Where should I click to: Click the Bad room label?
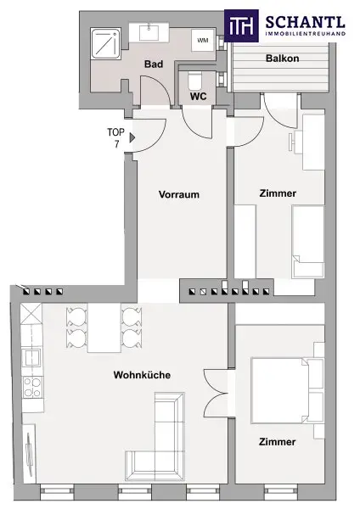pyautogui.click(x=154, y=64)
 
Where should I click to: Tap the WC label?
pyautogui.click(x=198, y=97)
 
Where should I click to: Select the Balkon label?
pyautogui.click(x=283, y=59)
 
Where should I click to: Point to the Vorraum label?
pyautogui.click(x=179, y=194)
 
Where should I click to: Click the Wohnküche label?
pyautogui.click(x=142, y=375)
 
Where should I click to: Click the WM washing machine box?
pyautogui.click(x=203, y=40)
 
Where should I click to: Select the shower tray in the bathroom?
pyautogui.click(x=105, y=44)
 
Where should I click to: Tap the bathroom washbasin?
pyautogui.click(x=149, y=32)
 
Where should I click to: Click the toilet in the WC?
pyautogui.click(x=195, y=81)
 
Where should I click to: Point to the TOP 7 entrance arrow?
pyautogui.click(x=132, y=137)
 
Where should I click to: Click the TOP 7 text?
pyautogui.click(x=116, y=138)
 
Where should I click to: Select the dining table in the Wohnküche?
pyautogui.click(x=104, y=327)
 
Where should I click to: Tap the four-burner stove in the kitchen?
pyautogui.click(x=32, y=388)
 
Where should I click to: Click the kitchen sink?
pyautogui.click(x=31, y=358)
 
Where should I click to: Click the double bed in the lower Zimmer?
pyautogui.click(x=288, y=390)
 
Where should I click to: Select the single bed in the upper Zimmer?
pyautogui.click(x=308, y=241)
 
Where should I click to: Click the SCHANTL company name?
pyautogui.click(x=305, y=22)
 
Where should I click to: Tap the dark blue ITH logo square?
pyautogui.click(x=241, y=25)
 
